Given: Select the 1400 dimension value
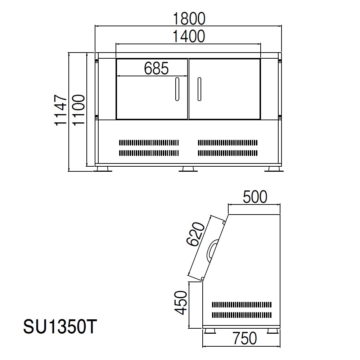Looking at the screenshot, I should tap(189, 36).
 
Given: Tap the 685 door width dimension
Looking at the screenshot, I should tap(156, 68).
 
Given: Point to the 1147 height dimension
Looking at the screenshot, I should tap(61, 110).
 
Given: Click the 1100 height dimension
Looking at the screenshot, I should tap(78, 110).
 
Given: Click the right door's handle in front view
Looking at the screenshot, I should tap(199, 89).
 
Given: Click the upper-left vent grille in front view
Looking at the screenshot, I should tap(149, 142).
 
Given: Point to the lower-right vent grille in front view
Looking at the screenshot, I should tap(228, 153).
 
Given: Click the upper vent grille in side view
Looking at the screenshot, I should tap(241, 305).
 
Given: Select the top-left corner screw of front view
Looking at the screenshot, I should tap(96, 61).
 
